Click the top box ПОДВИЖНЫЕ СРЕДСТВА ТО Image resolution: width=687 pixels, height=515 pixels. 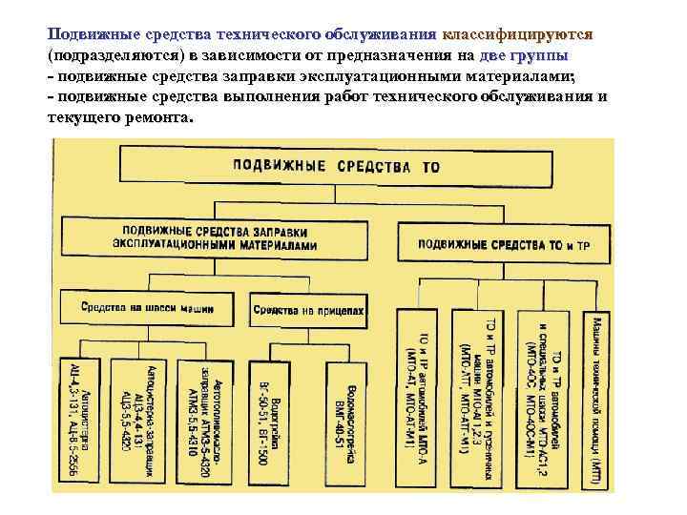[x=334, y=165]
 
